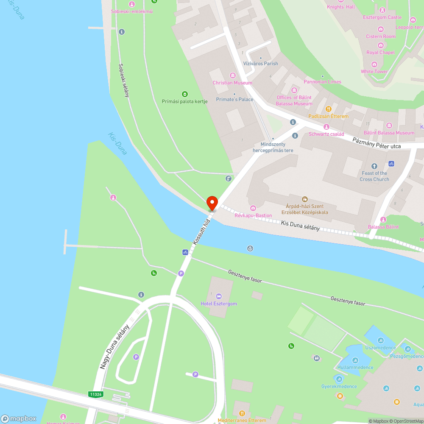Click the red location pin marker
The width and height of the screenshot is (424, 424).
coord(212,203)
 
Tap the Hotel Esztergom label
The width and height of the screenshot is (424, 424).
coord(219,304)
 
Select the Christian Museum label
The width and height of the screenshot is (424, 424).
coord(232,83)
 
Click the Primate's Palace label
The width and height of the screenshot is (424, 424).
coord(234,100)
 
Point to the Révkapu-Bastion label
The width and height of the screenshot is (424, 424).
coord(253,215)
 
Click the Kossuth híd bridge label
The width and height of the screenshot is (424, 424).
coord(201,232)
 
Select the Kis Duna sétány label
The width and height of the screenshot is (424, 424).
coord(300,225)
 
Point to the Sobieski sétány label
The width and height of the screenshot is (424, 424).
coord(124,80)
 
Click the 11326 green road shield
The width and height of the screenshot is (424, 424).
coord(96,394)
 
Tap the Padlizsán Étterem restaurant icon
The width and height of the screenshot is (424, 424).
coord(328,109)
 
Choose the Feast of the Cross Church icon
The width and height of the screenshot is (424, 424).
coord(374,166)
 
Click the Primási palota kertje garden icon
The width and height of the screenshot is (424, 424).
coord(184,94)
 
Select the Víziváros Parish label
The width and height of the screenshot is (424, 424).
coord(261,64)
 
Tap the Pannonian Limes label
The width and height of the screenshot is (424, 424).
coord(322,81)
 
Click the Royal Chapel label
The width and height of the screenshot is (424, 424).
coord(380,53)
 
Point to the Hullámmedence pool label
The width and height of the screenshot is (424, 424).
coord(355,367)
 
